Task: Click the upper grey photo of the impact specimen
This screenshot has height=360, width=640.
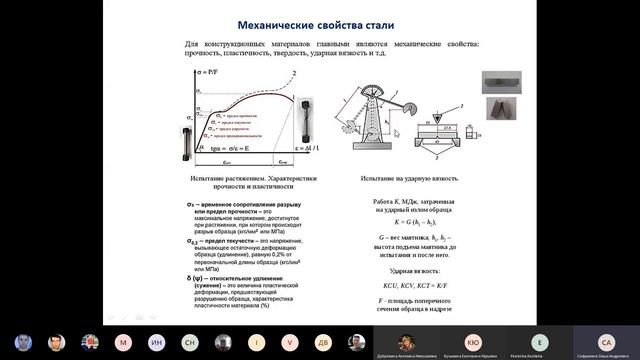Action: [x=498, y=82]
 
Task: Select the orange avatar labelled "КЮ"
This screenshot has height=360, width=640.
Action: [x=473, y=342]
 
